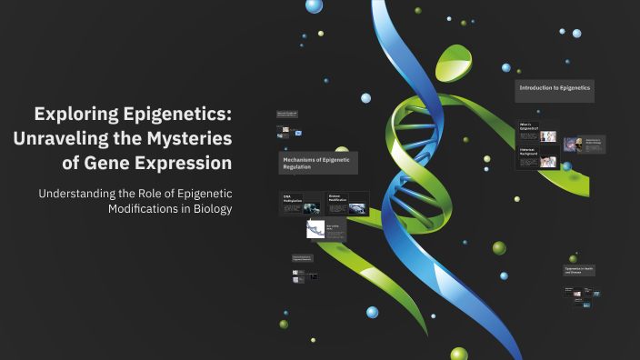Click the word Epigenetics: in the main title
[178, 115]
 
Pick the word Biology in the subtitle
[212, 208]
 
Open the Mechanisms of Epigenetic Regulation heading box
[318, 163]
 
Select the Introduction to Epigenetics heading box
[555, 89]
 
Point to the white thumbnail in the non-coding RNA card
[315, 230]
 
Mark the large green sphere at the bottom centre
[459, 354]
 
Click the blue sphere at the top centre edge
[315, 5]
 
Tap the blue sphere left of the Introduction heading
[506, 67]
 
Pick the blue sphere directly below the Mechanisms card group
[372, 312]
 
